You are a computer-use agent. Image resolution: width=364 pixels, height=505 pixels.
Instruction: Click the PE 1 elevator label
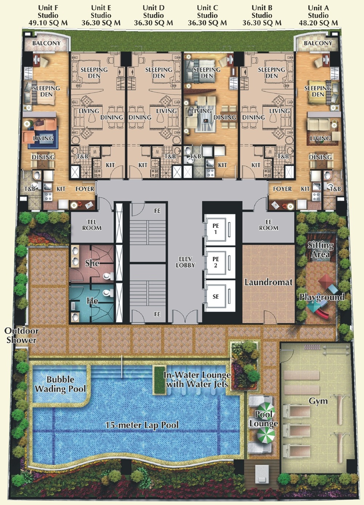[x=216, y=229]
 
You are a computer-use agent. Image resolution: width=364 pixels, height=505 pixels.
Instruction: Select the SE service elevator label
[x=216, y=296]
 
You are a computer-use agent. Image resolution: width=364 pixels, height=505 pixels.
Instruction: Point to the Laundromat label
[x=268, y=282]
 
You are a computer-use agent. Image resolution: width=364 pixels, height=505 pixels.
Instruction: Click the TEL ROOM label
[x=92, y=225]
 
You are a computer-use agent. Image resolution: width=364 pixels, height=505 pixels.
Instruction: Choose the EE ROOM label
[x=268, y=225]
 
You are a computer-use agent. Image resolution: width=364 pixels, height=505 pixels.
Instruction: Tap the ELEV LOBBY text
[x=185, y=262]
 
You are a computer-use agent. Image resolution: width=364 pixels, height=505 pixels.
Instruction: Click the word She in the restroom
[x=92, y=263]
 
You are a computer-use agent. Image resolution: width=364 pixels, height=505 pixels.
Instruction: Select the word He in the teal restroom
[x=92, y=301]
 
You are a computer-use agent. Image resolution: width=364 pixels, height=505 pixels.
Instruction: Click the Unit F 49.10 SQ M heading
[x=48, y=15]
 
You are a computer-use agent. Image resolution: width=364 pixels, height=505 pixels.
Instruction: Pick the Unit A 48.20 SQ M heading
[x=318, y=15]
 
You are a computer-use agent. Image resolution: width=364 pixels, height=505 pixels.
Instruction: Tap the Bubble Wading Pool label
[x=60, y=384]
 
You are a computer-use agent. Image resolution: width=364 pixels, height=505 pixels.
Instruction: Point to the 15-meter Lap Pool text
[x=142, y=425]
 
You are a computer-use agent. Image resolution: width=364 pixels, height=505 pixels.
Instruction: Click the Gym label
[x=318, y=401]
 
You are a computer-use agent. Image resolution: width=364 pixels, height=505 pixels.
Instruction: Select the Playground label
[x=322, y=297]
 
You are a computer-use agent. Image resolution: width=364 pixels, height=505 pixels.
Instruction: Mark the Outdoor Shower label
[x=21, y=335]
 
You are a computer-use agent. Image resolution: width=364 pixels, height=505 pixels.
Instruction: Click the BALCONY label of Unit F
[x=46, y=43]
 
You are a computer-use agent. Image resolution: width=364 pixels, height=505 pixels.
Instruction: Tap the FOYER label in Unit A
[x=282, y=189]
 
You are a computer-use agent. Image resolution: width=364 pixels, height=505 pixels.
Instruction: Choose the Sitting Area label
[x=320, y=250]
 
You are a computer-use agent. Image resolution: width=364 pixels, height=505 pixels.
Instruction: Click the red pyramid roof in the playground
[x=325, y=280]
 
